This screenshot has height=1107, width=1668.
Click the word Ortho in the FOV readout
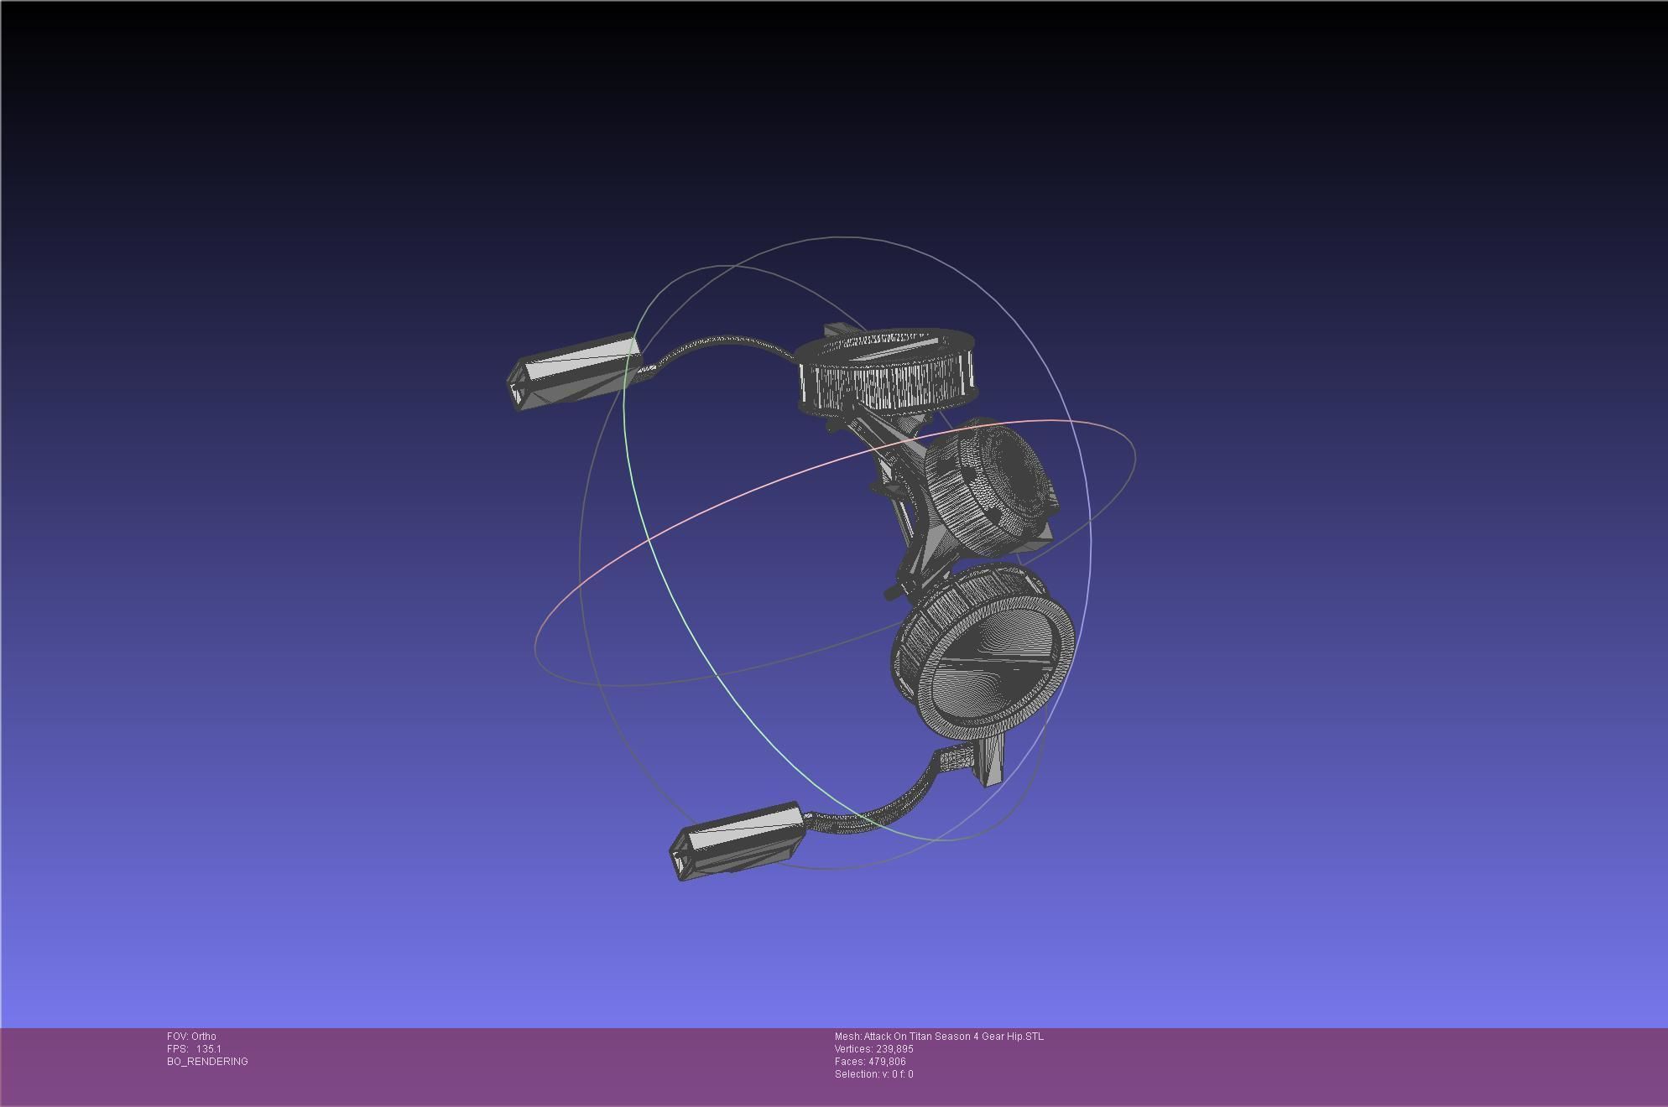[x=203, y=1037]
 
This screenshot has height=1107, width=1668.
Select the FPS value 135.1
[x=208, y=1049]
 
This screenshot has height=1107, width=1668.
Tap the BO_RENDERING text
[x=207, y=1062]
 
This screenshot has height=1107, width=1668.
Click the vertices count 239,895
[x=894, y=1049]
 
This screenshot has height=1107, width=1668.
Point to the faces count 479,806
[x=887, y=1062]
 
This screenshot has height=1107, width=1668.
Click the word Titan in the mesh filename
[x=924, y=1037]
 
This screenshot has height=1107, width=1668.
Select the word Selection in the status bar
[x=856, y=1074]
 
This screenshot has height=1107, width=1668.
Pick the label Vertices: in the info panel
[x=853, y=1049]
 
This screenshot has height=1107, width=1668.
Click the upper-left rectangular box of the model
[x=575, y=372]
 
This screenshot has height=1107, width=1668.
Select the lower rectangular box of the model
[x=737, y=841]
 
